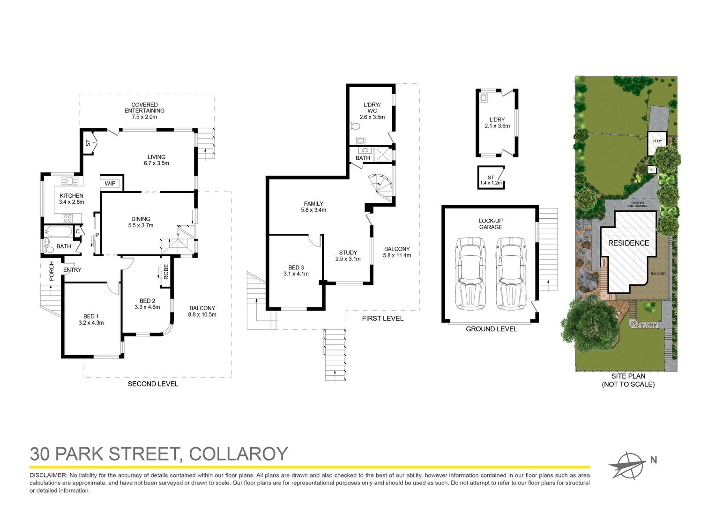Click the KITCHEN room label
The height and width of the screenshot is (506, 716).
[71, 196]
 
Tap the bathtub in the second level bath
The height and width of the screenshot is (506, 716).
[58, 231]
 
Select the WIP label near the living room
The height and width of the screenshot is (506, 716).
[110, 183]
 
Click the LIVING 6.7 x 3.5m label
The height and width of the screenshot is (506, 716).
[157, 160]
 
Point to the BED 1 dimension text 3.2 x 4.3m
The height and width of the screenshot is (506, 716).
[91, 323]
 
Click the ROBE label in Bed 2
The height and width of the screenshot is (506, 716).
[166, 272]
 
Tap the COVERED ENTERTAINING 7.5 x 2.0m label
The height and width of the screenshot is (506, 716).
[144, 111]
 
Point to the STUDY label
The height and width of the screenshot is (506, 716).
[348, 253]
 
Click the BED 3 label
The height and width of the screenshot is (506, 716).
[296, 268]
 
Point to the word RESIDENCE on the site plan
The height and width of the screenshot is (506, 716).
[628, 243]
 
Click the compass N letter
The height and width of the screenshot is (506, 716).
[653, 460]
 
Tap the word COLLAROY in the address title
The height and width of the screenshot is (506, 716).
[238, 454]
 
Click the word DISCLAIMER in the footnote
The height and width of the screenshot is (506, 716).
[48, 475]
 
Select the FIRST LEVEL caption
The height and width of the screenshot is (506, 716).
[382, 319]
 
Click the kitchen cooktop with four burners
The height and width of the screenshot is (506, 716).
[67, 218]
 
